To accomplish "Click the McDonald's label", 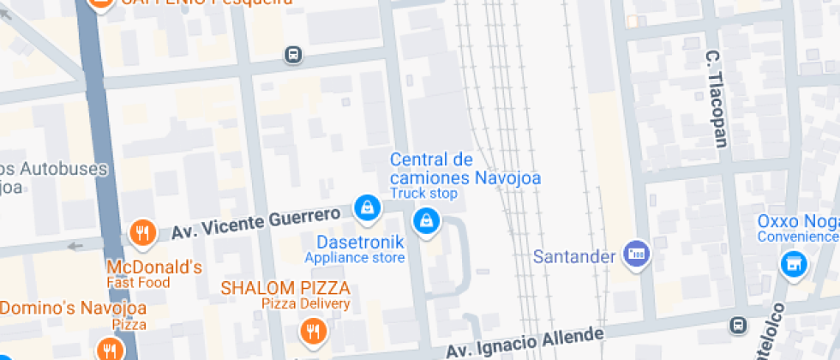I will tap(153, 267).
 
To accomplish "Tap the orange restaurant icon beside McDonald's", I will tap(141, 231).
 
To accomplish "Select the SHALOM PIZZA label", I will tap(285, 287).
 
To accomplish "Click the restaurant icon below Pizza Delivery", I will tap(313, 330).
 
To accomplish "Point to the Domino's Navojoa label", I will tap(73, 308).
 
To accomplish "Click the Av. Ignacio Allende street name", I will tap(524, 341).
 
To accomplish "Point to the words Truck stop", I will tap(424, 194).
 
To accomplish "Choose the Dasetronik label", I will tap(360, 242).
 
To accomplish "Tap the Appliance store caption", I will tap(354, 257).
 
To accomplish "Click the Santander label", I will tap(574, 256).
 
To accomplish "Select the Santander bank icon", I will tap(636, 254).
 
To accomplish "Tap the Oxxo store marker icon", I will tap(794, 264).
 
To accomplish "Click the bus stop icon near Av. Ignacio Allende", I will tap(737, 325).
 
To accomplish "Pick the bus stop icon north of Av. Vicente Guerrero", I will tap(293, 55).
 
